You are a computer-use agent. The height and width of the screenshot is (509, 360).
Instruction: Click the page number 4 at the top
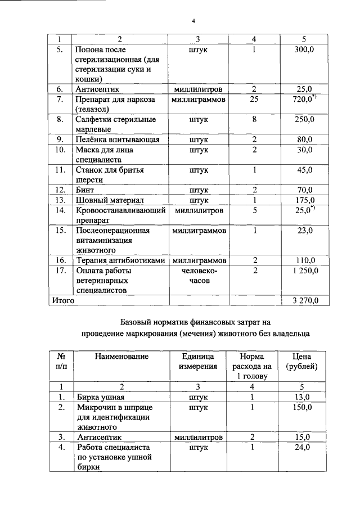[x=193, y=21]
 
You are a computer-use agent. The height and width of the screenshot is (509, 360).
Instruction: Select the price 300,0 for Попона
[x=304, y=50]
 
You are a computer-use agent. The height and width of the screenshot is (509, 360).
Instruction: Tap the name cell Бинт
[x=84, y=190]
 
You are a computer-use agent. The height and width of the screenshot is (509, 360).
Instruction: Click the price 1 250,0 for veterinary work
[x=304, y=271]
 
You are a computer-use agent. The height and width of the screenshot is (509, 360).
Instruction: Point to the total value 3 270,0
[x=304, y=300]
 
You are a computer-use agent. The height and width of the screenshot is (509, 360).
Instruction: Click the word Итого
[x=64, y=300]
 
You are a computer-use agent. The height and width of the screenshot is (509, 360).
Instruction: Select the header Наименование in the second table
[x=121, y=356]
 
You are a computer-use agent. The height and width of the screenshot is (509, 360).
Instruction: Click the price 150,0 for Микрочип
[x=304, y=407]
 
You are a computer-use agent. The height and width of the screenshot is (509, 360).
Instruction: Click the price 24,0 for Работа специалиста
[x=304, y=447]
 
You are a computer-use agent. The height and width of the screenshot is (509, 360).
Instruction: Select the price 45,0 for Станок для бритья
[x=304, y=170]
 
